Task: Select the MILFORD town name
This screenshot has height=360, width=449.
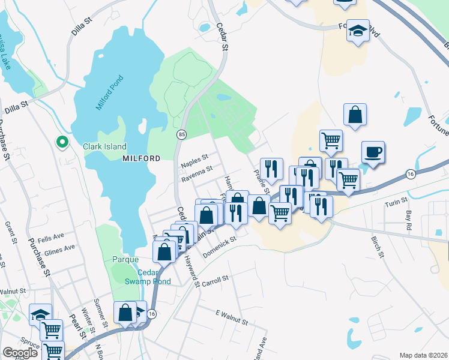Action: click(x=141, y=158)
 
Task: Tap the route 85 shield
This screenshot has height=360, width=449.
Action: click(x=181, y=135)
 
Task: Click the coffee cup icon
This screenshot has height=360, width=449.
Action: click(x=373, y=152)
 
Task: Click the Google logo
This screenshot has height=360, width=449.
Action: click(x=20, y=353)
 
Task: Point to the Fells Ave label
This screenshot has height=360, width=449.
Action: click(x=47, y=238)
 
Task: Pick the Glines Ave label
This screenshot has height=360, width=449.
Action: click(x=59, y=248)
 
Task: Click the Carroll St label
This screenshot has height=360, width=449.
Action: click(x=215, y=280)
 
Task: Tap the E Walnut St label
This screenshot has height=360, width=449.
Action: click(x=231, y=317)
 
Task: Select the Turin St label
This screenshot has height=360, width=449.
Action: click(x=396, y=202)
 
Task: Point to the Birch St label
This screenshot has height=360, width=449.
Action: click(x=377, y=247)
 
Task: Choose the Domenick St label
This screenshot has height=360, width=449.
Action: click(x=220, y=246)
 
